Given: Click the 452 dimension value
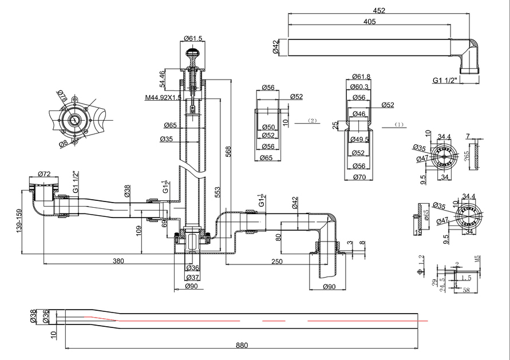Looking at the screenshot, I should tap(379, 10).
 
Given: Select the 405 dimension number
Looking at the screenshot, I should tap(369, 22).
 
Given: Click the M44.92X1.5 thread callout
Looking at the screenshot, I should tap(163, 97).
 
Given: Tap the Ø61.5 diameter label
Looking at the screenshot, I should tap(193, 38).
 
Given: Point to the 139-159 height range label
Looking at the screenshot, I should tap(19, 220).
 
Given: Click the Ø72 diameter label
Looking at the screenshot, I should tap(45, 173).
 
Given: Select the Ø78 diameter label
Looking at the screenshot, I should tap(62, 96).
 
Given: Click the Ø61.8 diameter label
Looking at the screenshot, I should tap(361, 76).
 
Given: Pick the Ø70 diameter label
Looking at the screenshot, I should tap(359, 177).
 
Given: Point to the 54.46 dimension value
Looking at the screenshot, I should tap(163, 79).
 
